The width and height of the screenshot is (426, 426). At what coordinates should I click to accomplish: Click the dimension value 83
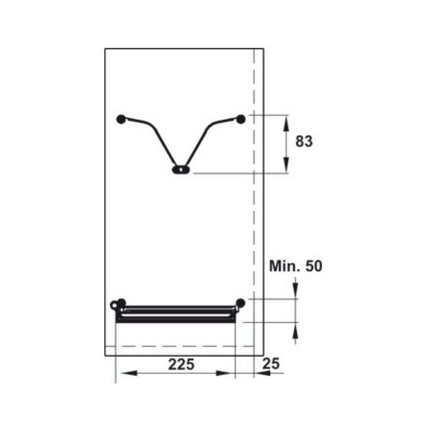point(304,142)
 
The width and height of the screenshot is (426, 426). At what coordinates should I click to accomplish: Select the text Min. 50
point(296,266)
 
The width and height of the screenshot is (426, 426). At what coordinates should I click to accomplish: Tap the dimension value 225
point(182,364)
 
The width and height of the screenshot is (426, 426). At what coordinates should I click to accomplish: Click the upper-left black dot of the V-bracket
point(121,119)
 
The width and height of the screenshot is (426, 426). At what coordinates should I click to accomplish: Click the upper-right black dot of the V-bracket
point(241,119)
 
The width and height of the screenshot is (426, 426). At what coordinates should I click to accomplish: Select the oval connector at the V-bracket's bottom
point(181,170)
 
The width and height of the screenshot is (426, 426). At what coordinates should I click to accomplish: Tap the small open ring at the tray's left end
point(114,305)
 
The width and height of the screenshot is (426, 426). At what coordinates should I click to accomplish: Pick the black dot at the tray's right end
point(241,303)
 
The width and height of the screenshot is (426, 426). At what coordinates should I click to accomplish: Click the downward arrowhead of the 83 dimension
point(286,165)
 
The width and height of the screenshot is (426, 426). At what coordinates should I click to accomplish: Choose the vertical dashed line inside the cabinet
point(255,213)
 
